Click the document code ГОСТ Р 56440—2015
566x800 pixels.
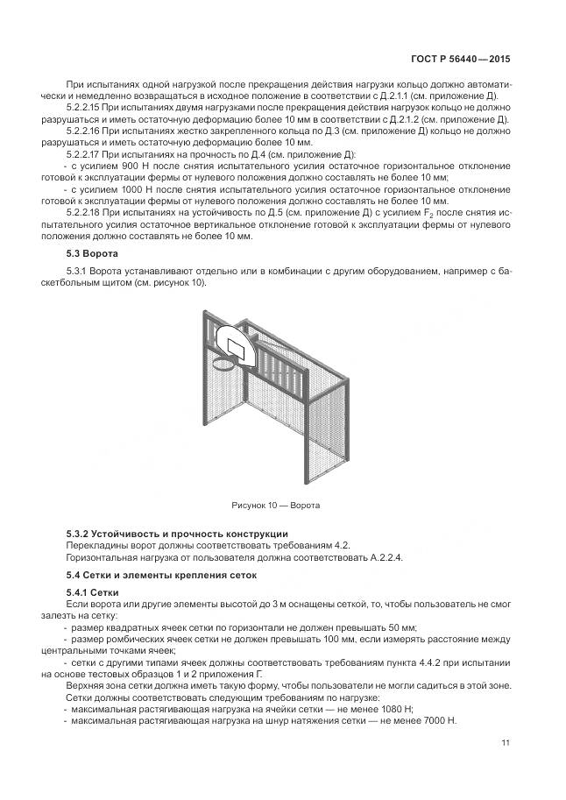[x=460, y=60]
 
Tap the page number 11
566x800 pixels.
[x=506, y=743]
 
